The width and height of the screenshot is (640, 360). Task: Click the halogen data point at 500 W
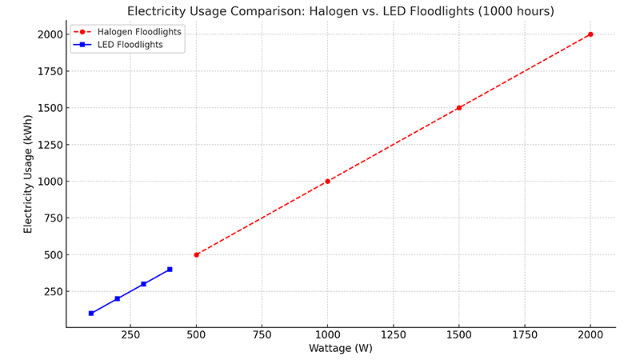click(x=196, y=254)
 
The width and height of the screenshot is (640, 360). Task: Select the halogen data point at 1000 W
click(x=327, y=181)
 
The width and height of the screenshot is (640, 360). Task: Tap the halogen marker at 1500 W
click(x=459, y=107)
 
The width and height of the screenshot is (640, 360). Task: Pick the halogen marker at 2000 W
click(x=590, y=34)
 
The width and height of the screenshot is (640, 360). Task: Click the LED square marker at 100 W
click(x=91, y=313)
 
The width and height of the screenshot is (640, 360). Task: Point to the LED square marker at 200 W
click(x=118, y=298)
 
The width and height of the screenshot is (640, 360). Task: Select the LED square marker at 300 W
click(x=143, y=284)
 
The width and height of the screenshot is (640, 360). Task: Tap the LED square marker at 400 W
click(x=170, y=269)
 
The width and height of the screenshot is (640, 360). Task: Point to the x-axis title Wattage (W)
click(x=340, y=348)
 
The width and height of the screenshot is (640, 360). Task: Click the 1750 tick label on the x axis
click(x=525, y=334)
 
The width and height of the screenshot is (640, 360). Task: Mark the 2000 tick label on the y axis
click(x=45, y=34)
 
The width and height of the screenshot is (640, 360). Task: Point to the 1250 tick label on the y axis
click(x=45, y=144)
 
